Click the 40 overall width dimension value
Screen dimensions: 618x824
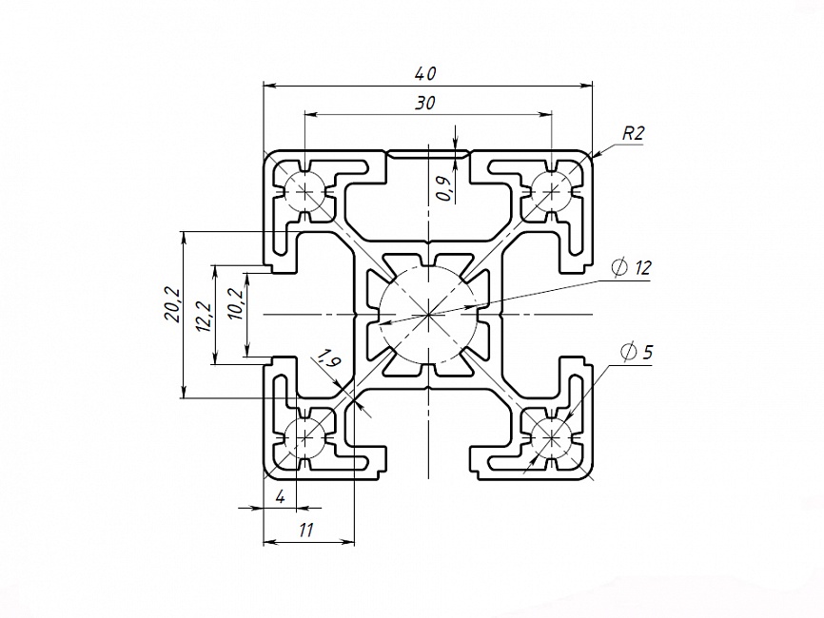point(426,73)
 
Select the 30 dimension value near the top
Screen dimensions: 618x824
point(425,104)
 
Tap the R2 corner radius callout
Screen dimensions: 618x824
point(634,134)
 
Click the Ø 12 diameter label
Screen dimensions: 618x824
point(632,268)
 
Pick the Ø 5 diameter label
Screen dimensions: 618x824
point(637,353)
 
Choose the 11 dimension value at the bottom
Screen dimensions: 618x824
point(306,531)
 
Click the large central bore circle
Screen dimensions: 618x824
point(428,313)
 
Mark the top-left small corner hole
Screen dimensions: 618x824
point(304,190)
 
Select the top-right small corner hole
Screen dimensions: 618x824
point(551,190)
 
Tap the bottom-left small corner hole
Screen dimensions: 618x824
point(304,437)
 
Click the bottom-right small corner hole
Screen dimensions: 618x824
point(551,437)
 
